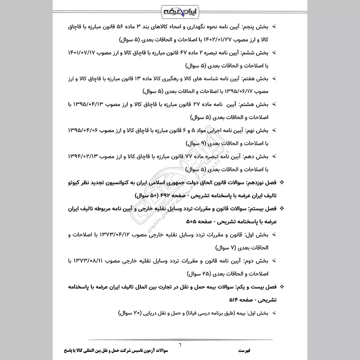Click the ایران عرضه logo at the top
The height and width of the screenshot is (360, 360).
180,10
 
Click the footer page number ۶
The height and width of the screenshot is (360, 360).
180,344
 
